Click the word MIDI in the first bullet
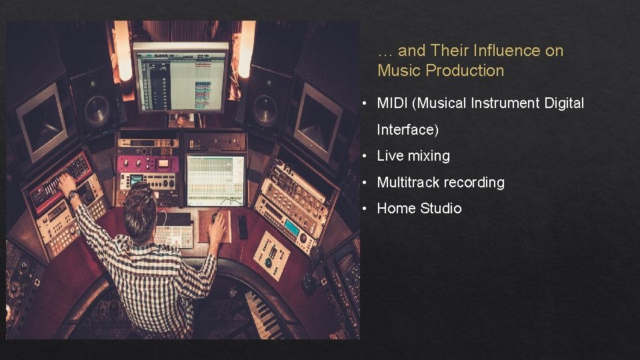pyautogui.click(x=391, y=103)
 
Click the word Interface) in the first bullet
pyautogui.click(x=407, y=129)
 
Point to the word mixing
pyautogui.click(x=429, y=156)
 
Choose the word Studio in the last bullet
pyautogui.click(x=441, y=209)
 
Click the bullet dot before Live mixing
pyautogui.click(x=365, y=156)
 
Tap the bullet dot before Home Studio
pyautogui.click(x=365, y=209)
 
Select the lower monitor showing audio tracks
pyautogui.click(x=215, y=179)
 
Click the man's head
pyautogui.click(x=141, y=203)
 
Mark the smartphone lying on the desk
pyautogui.click(x=243, y=227)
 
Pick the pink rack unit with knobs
pyautogui.click(x=148, y=163)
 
